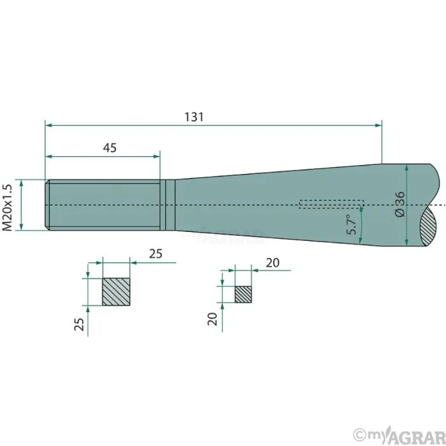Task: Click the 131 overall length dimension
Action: point(194,117)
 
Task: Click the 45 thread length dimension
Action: point(110,148)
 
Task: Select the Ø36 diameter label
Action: point(400,205)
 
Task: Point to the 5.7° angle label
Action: point(352,224)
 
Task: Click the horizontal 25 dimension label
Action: point(155,254)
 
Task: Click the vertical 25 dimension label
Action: point(79,324)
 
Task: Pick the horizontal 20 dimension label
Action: point(273,263)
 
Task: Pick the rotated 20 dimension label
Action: point(212,319)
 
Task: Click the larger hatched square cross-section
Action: point(116,292)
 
